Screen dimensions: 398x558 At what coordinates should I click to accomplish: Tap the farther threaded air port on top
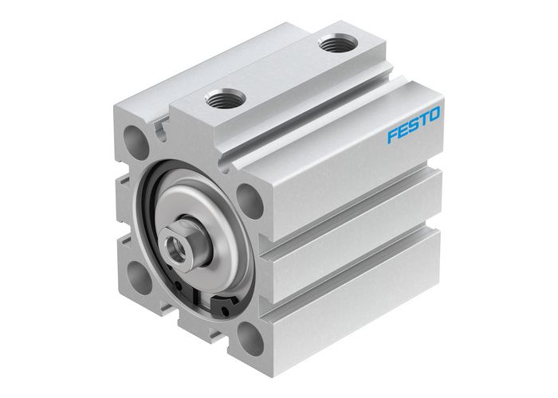click(x=330, y=45)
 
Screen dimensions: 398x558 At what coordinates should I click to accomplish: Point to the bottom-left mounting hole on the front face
click(x=137, y=274)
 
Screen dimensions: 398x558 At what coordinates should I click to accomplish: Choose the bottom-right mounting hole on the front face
click(x=250, y=339)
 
